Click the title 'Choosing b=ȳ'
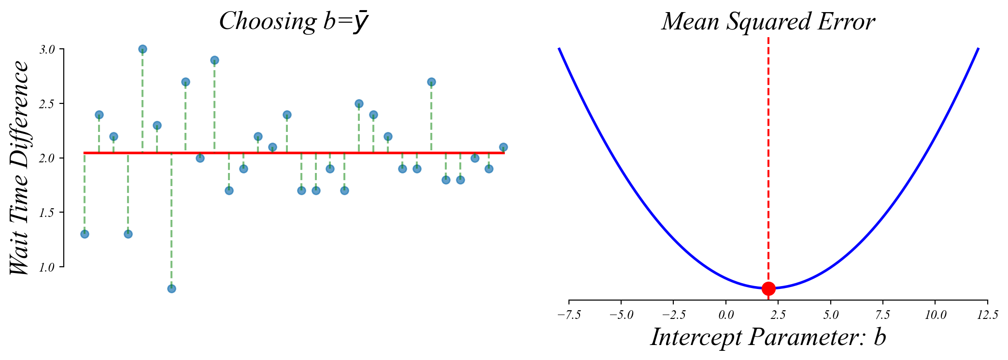[x=294, y=22]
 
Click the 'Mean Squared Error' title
[x=768, y=22]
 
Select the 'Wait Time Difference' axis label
[x=20, y=168]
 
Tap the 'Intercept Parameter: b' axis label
[x=768, y=337]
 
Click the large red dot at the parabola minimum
[x=768, y=288]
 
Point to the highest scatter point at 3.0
[x=142, y=49]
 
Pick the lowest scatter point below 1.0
[x=171, y=288]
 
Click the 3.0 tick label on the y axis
[x=47, y=49]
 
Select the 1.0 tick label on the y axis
[x=47, y=267]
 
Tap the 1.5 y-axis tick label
[x=47, y=212]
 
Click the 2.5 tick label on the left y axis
[x=47, y=104]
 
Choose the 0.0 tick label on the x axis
[x=726, y=315]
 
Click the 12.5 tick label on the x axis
[x=987, y=315]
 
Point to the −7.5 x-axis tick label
[x=569, y=315]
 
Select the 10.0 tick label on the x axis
[x=935, y=315]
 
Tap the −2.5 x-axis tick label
[x=673, y=315]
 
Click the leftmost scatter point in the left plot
[x=85, y=234]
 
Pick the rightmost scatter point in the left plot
[x=503, y=147]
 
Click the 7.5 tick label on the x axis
[x=883, y=315]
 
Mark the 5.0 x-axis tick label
[x=831, y=315]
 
